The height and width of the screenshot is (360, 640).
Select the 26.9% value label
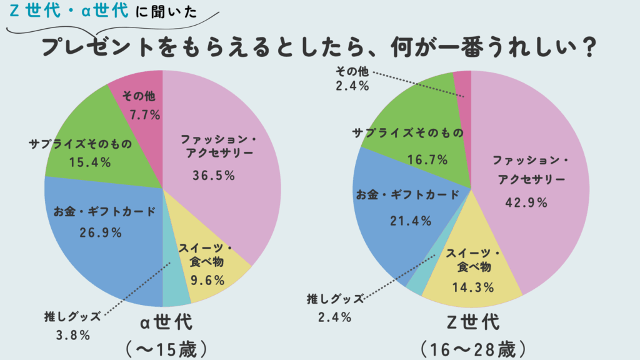pos(100,232)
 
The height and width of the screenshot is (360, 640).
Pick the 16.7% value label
pos(427,159)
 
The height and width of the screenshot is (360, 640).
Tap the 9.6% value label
pos(204,279)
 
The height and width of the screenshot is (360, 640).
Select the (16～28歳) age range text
pos(472,347)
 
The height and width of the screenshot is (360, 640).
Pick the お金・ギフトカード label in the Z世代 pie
pos(408,194)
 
